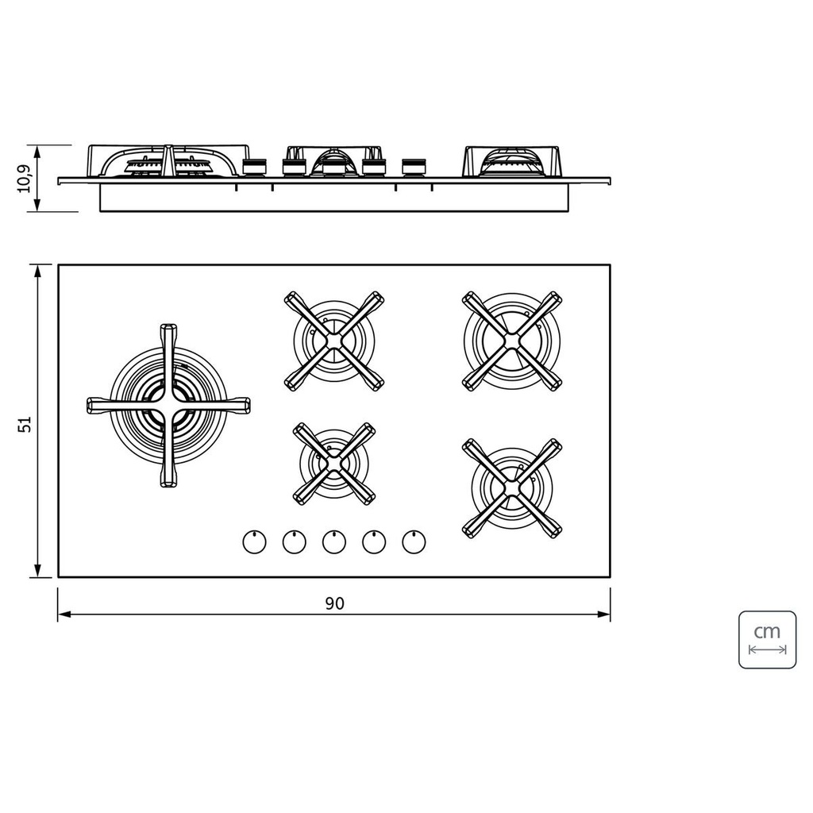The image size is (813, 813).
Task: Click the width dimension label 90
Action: (x=334, y=603)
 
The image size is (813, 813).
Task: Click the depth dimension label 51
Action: (x=25, y=424)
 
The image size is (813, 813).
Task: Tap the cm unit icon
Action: (x=767, y=639)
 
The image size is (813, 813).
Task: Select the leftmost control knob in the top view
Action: (x=255, y=541)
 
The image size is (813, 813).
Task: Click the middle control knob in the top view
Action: (x=334, y=541)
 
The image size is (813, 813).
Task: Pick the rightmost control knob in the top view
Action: (x=414, y=541)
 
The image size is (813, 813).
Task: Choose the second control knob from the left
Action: (x=294, y=541)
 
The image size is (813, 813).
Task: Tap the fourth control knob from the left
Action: (x=374, y=541)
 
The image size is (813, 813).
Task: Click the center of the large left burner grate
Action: (x=168, y=406)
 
